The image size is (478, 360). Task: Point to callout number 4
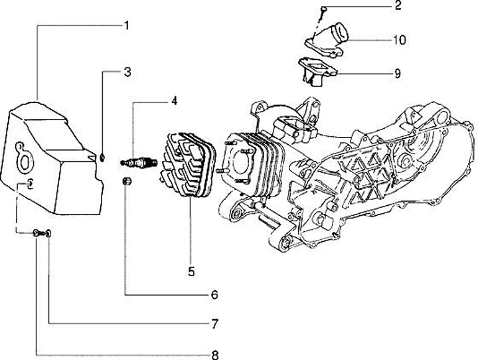tap(173, 102)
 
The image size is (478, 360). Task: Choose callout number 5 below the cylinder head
tap(191, 270)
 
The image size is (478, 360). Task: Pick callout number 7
tap(214, 324)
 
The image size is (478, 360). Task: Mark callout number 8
tap(214, 354)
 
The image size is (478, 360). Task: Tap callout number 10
tap(398, 40)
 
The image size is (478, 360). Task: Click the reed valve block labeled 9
tap(318, 69)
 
